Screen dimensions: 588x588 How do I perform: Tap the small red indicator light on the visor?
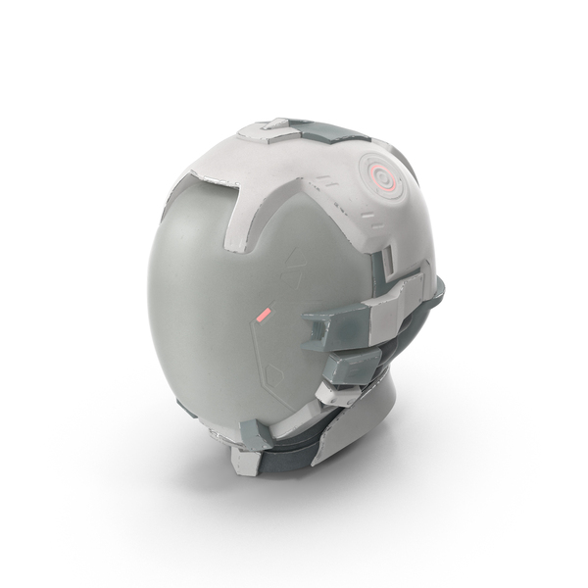pos(262,316)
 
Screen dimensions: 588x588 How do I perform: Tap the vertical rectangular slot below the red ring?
pos(388,258)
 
